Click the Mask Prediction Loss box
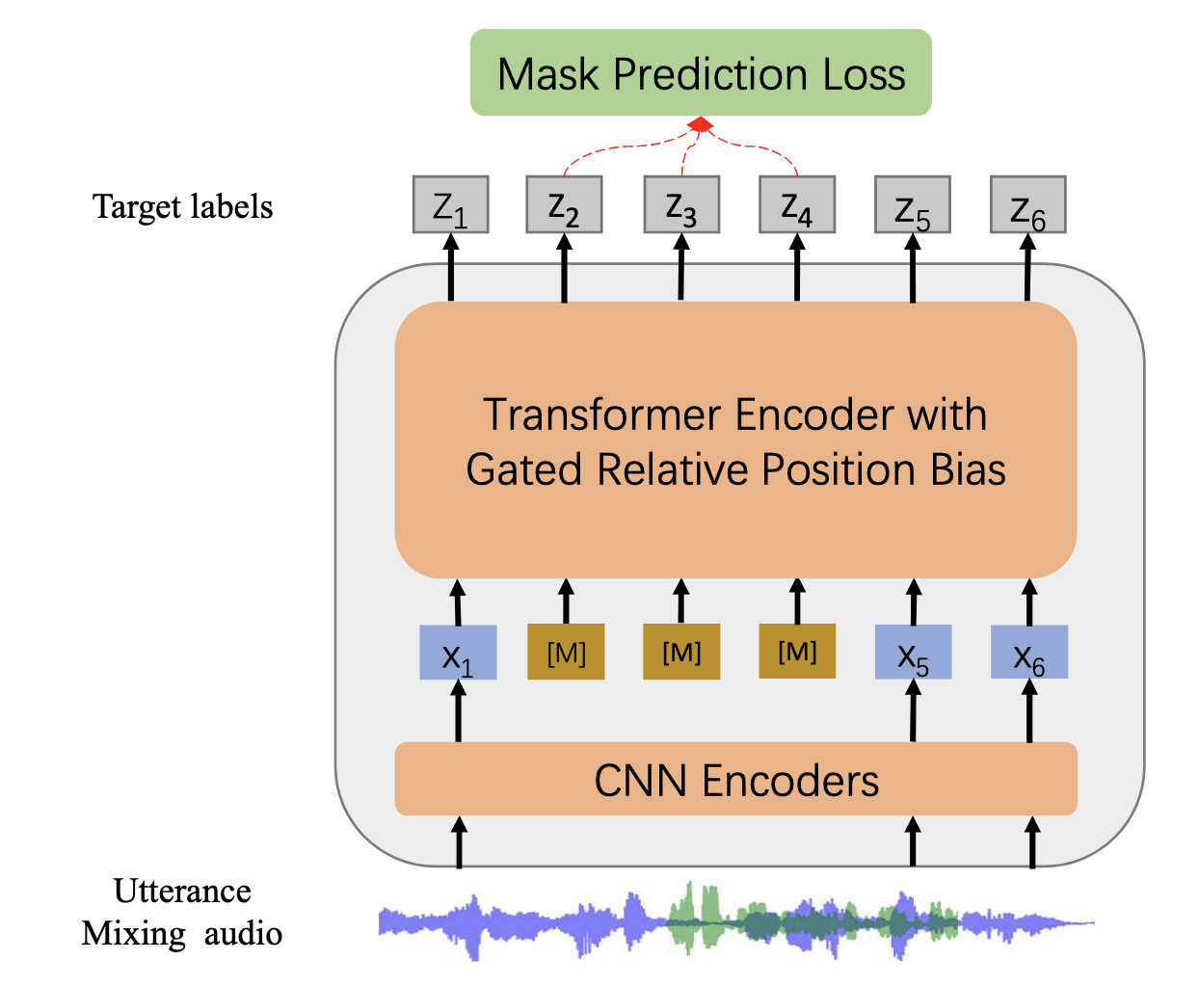[701, 73]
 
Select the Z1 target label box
[450, 205]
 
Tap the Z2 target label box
[564, 205]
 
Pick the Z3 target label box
[680, 205]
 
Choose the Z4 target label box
[796, 205]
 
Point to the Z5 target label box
[912, 205]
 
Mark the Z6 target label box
[1027, 205]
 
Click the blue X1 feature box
[458, 654]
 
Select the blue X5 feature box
[913, 654]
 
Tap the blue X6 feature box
[1029, 654]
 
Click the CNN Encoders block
[735, 779]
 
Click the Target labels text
[182, 207]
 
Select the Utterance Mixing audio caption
[182, 913]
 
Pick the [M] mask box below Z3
[681, 654]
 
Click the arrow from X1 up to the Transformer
[458, 602]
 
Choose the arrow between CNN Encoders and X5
[913, 710]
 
